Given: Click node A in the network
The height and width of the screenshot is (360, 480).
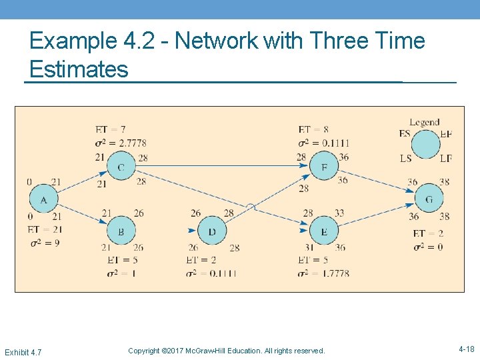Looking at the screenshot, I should pyautogui.click(x=43, y=199).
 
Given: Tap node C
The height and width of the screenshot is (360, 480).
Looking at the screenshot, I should pyautogui.click(x=121, y=167).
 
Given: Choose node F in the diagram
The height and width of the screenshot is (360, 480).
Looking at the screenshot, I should pyautogui.click(x=324, y=167).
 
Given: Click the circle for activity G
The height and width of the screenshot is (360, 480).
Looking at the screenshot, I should pyautogui.click(x=429, y=199).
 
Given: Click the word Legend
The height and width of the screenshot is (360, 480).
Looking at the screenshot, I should pyautogui.click(x=425, y=122).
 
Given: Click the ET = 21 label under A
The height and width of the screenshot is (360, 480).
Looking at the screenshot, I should pyautogui.click(x=45, y=229).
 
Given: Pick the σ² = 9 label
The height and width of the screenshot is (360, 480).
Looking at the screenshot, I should pyautogui.click(x=45, y=243).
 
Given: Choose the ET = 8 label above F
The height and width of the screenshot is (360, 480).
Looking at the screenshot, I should pyautogui.click(x=313, y=129).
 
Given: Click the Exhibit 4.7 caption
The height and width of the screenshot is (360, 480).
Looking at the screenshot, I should pyautogui.click(x=23, y=351).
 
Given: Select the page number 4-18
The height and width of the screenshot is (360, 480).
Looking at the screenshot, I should pyautogui.click(x=467, y=349).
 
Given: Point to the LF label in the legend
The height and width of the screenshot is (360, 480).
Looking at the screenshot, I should pyautogui.click(x=446, y=158).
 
